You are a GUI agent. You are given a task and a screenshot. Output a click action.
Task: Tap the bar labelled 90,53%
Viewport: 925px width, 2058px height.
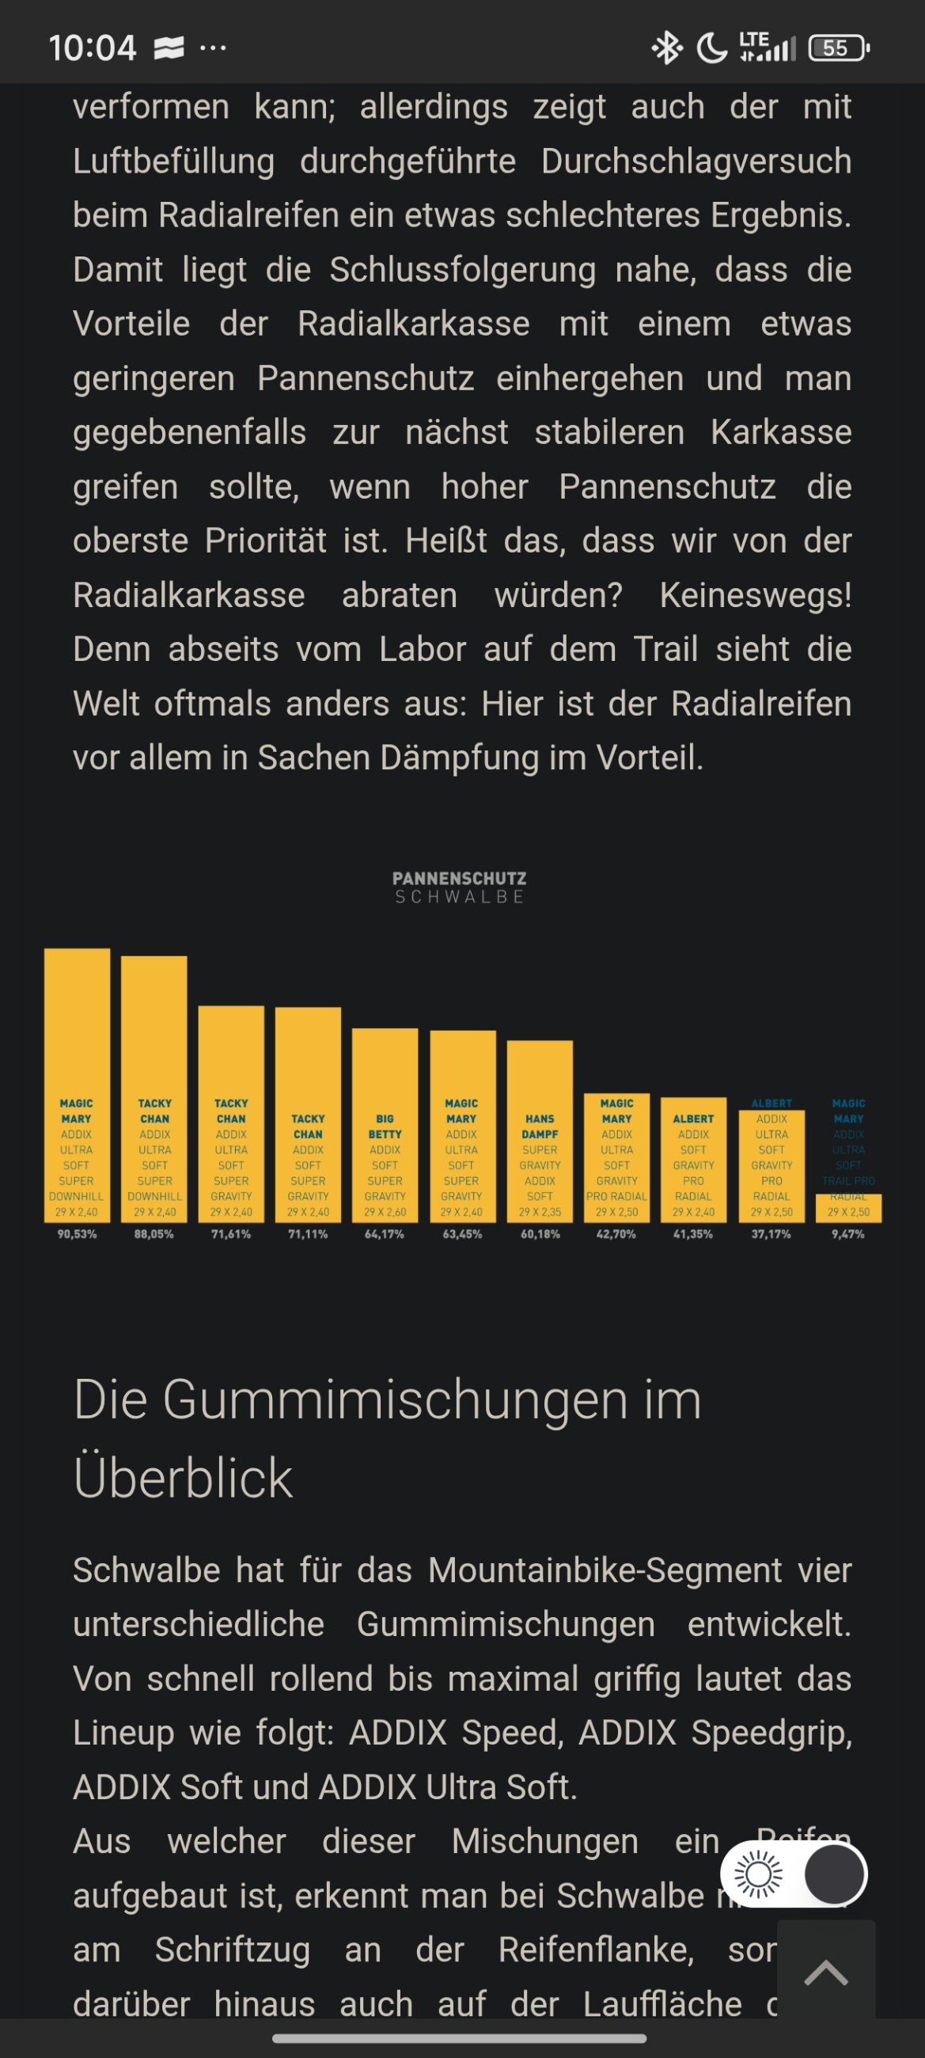point(77,1084)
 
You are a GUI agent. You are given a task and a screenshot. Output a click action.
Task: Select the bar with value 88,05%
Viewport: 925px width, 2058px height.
point(154,1088)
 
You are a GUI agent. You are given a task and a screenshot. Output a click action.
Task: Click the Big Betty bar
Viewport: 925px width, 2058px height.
point(385,1124)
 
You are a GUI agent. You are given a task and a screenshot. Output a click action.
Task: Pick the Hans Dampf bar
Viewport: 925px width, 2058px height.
point(539,1130)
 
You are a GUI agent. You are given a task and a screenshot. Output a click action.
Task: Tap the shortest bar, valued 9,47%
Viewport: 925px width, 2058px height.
point(848,1208)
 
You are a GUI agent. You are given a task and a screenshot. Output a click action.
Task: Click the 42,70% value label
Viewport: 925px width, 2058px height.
point(615,1234)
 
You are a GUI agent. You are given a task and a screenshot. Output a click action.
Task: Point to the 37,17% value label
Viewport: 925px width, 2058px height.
point(771,1234)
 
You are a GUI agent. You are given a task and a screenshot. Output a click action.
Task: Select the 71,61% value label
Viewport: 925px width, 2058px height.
point(231,1234)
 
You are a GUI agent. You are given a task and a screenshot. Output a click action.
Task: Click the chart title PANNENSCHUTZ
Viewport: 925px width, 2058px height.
point(459,878)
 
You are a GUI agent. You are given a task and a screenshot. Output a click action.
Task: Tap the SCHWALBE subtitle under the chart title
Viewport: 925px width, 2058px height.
point(459,897)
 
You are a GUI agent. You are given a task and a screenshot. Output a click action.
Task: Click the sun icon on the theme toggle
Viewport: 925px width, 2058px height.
point(758,1874)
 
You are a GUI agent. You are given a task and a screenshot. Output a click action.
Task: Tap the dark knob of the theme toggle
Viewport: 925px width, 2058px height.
point(833,1874)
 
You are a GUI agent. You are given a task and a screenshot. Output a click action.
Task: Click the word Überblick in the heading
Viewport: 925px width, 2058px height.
point(183,1477)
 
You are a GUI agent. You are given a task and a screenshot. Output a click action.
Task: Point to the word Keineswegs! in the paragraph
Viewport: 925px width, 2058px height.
point(755,595)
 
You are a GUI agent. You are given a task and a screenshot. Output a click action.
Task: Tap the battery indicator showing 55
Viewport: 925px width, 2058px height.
point(838,48)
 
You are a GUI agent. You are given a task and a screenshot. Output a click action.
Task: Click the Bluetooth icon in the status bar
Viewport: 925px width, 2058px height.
point(667,48)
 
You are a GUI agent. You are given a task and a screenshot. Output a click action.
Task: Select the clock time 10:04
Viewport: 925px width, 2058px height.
point(92,48)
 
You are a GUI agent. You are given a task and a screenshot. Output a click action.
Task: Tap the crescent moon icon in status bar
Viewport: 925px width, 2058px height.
point(711,48)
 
